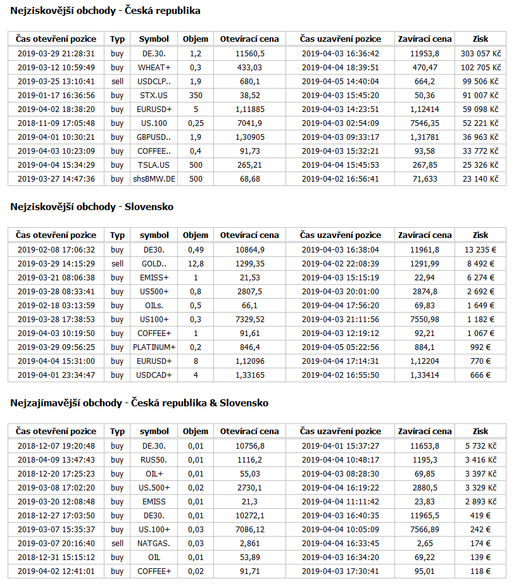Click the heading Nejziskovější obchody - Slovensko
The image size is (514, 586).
92,207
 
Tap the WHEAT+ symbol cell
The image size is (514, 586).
154,67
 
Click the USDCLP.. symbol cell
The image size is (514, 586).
154,81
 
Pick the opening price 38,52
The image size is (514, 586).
249,96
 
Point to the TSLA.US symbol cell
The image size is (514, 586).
154,165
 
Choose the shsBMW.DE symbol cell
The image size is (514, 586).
154,179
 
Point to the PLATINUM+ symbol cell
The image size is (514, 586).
154,347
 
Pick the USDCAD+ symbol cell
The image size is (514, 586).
154,375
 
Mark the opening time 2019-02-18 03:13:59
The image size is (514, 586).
56,306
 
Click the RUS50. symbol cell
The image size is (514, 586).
154,460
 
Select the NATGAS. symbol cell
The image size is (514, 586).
154,544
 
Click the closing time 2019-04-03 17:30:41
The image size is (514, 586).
341,571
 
